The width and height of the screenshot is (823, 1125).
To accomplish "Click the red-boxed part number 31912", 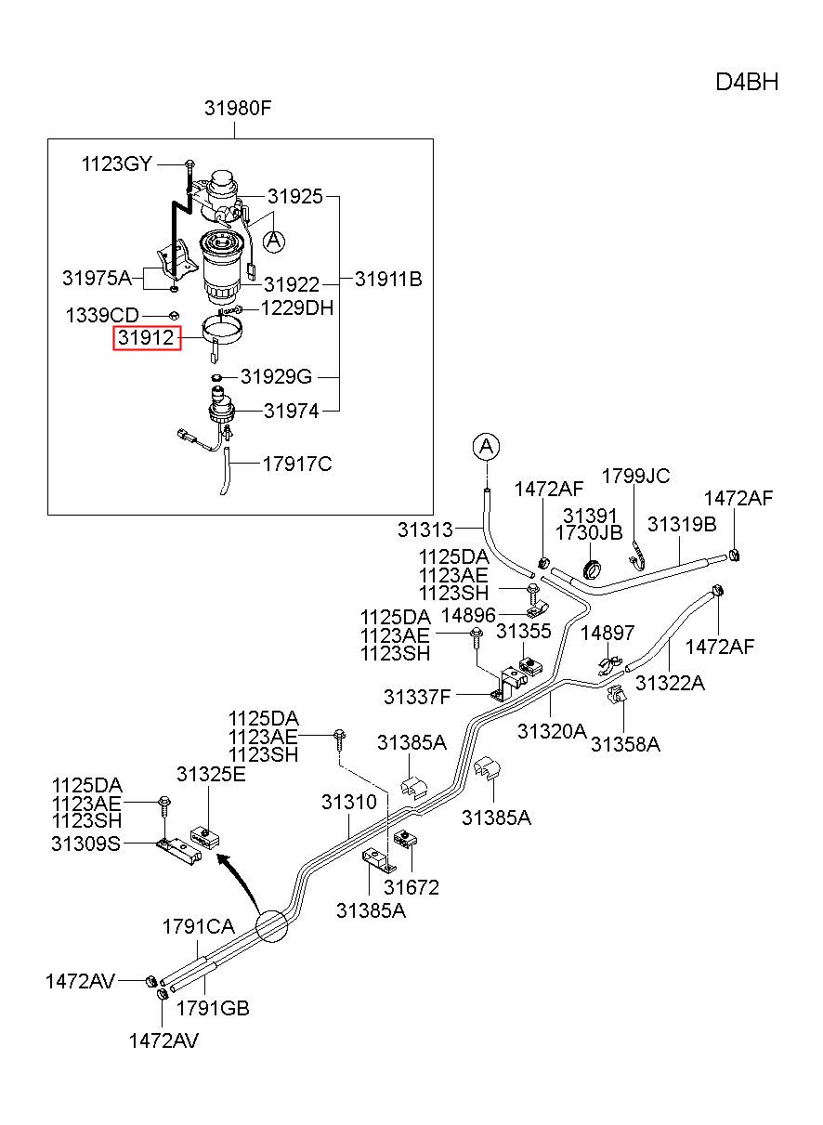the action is coord(146,337).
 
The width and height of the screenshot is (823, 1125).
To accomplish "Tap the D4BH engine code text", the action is coord(747,82).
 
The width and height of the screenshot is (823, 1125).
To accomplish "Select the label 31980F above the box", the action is coord(238,108).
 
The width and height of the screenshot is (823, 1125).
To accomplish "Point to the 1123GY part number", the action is coord(116,164).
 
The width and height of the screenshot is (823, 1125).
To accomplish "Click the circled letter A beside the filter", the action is coord(274,242).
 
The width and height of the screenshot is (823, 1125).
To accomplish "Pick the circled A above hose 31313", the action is coord(486,446).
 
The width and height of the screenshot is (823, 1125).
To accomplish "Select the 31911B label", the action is coord(388,279).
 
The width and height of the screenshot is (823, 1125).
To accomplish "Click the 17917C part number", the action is coord(297,464).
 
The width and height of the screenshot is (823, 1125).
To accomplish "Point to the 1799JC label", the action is coord(635,476).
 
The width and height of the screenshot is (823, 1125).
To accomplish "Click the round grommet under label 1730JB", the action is coord(592,569).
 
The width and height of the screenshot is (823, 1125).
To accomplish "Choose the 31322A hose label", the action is coord(670,683).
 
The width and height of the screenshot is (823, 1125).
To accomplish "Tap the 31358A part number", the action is coord(625,744).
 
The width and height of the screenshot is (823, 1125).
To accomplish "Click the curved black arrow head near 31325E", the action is coord(222,860).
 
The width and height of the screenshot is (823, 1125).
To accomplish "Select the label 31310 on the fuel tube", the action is coord(349,802).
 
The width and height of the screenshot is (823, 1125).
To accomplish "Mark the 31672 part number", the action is coord(411,887).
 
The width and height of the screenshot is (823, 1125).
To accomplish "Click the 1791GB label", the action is coord(213,1008).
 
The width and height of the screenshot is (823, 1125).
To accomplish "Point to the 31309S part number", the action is coord(85,844).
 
